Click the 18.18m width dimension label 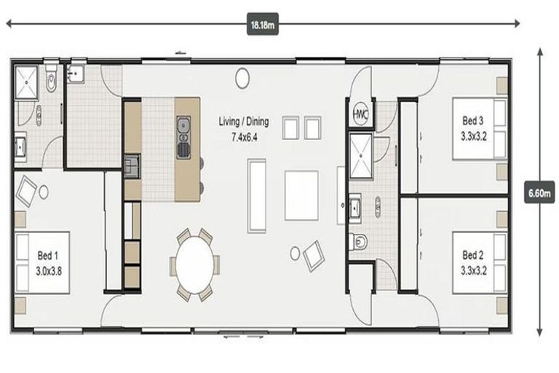click(x=263, y=25)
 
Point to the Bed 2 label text click(x=472, y=261)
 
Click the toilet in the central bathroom click(x=359, y=241)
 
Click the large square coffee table click(x=301, y=195)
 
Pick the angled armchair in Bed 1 click(x=27, y=192)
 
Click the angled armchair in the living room click(x=314, y=255)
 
